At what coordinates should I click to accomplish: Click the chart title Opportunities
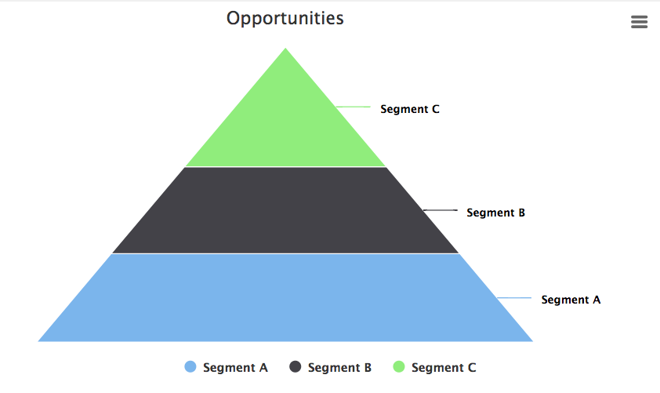pos(285,18)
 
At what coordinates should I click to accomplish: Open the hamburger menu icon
pos(639,22)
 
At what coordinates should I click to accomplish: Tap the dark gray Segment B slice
pos(285,210)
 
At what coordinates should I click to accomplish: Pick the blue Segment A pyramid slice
pos(285,298)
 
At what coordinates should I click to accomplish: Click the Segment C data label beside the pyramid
pos(410,109)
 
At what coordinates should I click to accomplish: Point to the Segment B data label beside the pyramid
pos(495,213)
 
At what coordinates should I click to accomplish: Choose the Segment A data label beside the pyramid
pos(571,300)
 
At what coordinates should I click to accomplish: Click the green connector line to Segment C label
pos(353,107)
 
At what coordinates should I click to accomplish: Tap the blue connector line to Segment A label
pos(515,298)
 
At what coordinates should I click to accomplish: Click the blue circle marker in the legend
pos(190,367)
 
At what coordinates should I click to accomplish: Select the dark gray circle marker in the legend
pos(296,367)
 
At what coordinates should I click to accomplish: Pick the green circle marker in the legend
pos(399,367)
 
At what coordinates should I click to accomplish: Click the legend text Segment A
pos(235,367)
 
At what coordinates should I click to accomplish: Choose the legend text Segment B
pos(339,367)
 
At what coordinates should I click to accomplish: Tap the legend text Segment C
pos(443,367)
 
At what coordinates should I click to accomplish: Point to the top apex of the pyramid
pos(285,49)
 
